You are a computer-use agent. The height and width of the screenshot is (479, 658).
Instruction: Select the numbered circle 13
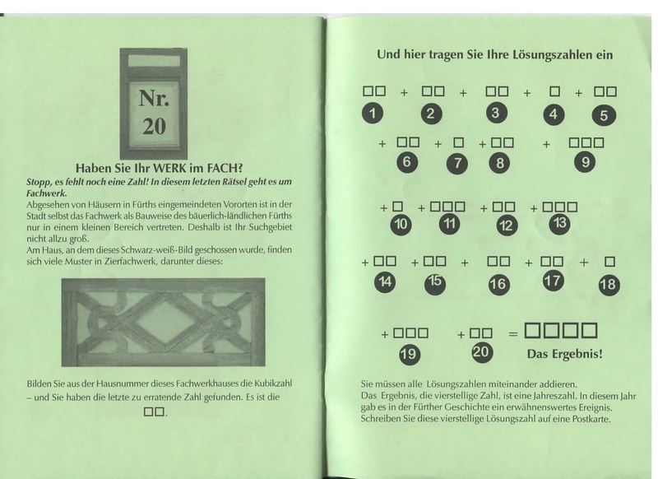pyautogui.click(x=560, y=223)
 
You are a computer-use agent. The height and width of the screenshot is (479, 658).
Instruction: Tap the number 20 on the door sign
pyautogui.click(x=154, y=126)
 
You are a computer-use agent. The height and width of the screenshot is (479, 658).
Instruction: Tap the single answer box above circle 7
pyautogui.click(x=459, y=142)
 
